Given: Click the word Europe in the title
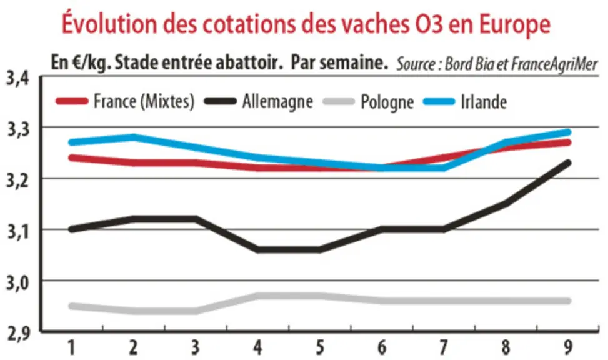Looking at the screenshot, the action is (x=514, y=24).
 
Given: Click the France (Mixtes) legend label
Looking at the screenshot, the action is (x=144, y=102).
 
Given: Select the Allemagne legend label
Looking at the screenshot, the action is (x=277, y=102).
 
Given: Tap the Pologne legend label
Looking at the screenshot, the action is (x=387, y=102).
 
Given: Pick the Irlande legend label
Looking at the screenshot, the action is (x=484, y=102).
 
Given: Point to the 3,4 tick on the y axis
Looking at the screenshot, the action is (x=17, y=77).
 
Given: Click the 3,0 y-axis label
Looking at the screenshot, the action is (x=17, y=282).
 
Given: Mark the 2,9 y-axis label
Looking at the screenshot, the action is (x=17, y=334).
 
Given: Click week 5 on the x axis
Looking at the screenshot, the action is (x=319, y=347).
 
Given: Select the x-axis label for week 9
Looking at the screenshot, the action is (x=567, y=347).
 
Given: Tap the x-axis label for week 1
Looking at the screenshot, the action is (x=72, y=347).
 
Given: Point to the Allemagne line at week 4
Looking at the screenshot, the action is (x=258, y=249).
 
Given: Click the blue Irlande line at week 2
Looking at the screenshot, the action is (x=134, y=137).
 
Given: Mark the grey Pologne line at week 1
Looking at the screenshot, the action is (x=72, y=306).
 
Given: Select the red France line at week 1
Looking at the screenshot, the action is (x=72, y=157).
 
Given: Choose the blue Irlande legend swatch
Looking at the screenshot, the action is (x=439, y=102).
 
